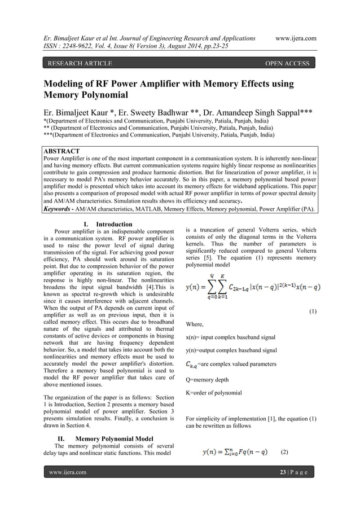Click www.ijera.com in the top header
click(x=295, y=38)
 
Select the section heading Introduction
click(x=113, y=225)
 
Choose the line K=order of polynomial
click(x=214, y=393)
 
